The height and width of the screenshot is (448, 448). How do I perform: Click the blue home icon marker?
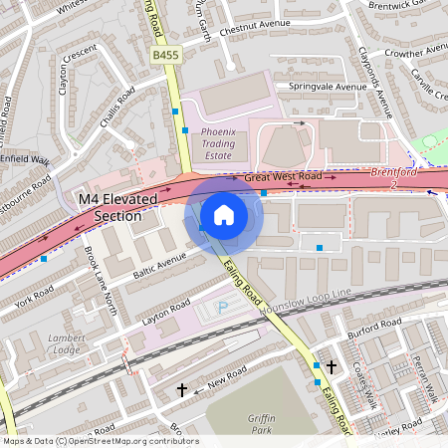pyautogui.click(x=224, y=214)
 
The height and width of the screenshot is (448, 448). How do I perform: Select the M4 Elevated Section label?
pyautogui.click(x=117, y=207)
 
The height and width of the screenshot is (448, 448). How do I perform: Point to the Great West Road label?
pyautogui.click(x=283, y=177)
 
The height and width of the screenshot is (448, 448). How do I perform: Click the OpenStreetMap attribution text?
pyautogui.click(x=100, y=440)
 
